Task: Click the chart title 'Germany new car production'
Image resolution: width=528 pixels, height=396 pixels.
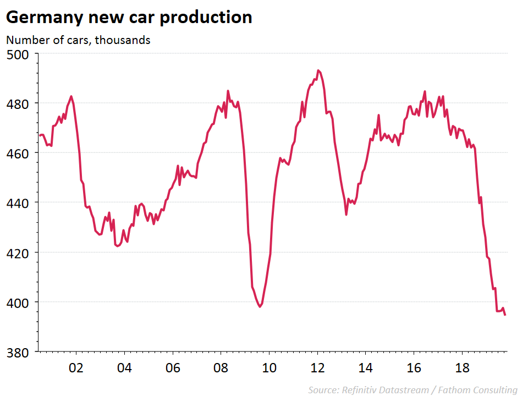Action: click(129, 17)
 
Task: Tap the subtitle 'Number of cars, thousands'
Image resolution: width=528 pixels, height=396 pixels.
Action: click(78, 40)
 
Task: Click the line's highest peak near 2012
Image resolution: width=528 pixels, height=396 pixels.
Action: click(318, 70)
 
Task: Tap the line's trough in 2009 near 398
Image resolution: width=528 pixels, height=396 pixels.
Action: click(260, 306)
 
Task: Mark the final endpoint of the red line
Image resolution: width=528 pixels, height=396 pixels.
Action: click(505, 315)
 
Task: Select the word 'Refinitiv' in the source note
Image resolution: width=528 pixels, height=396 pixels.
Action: click(359, 390)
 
